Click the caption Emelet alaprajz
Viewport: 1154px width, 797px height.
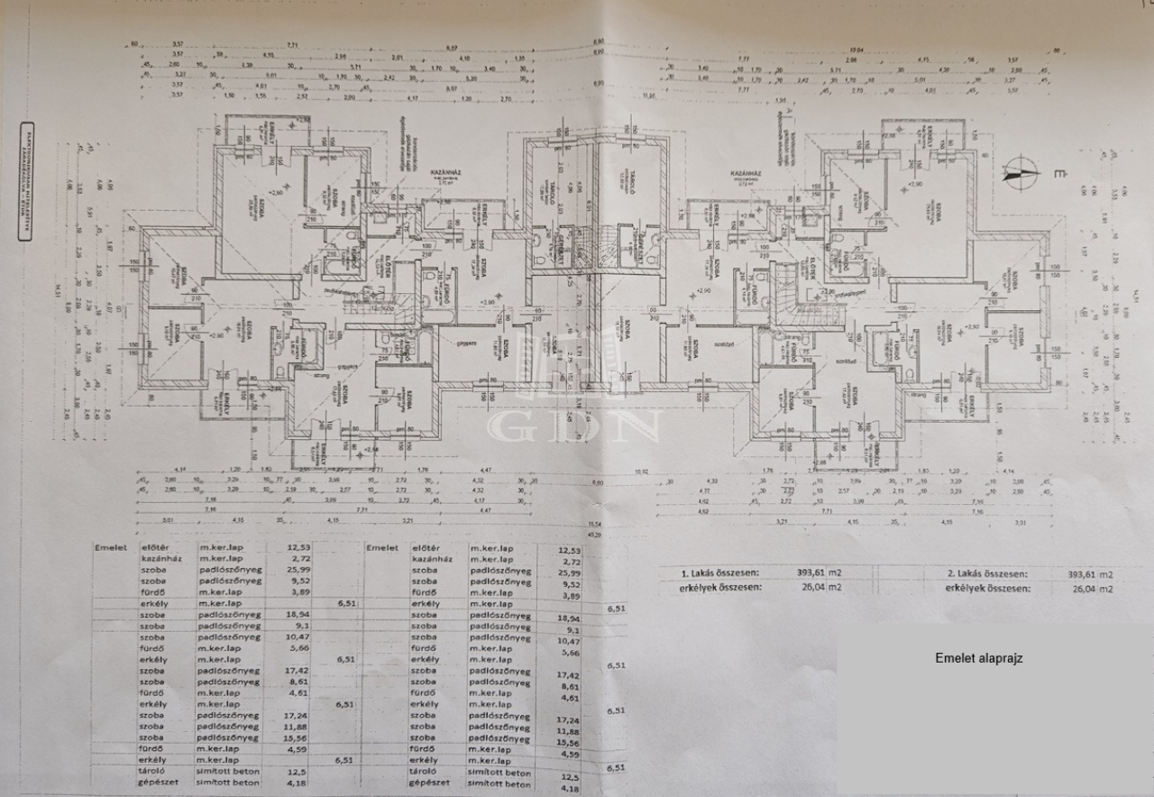point(978,658)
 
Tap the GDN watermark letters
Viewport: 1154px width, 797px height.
point(576,424)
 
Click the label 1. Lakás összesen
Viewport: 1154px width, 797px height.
point(719,573)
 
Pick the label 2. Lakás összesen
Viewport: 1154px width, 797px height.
point(988,573)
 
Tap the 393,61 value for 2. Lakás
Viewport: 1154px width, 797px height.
point(1086,573)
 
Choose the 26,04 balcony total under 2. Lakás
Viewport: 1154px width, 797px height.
point(1086,589)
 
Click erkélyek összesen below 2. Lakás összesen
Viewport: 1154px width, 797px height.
point(988,588)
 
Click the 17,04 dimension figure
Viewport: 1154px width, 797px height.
point(869,50)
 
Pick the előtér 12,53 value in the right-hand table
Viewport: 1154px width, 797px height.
point(569,549)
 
